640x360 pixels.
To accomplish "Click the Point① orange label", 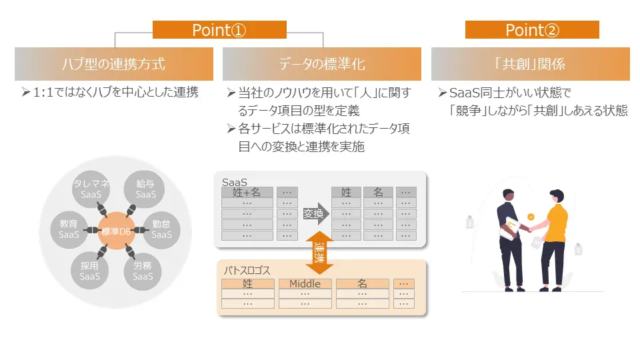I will point(219,30).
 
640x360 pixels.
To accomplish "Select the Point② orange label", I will point(532,30).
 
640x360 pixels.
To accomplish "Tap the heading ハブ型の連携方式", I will point(114,64).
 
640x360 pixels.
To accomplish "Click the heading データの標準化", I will point(322,64).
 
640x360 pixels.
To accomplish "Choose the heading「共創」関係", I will point(531,64).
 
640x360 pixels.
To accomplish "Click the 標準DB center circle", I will point(117,231).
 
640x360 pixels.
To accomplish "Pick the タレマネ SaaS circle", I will point(90,189).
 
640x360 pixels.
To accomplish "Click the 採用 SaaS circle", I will point(90,271).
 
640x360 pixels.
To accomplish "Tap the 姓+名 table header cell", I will point(247,192).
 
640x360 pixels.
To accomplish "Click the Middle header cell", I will point(305,283).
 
